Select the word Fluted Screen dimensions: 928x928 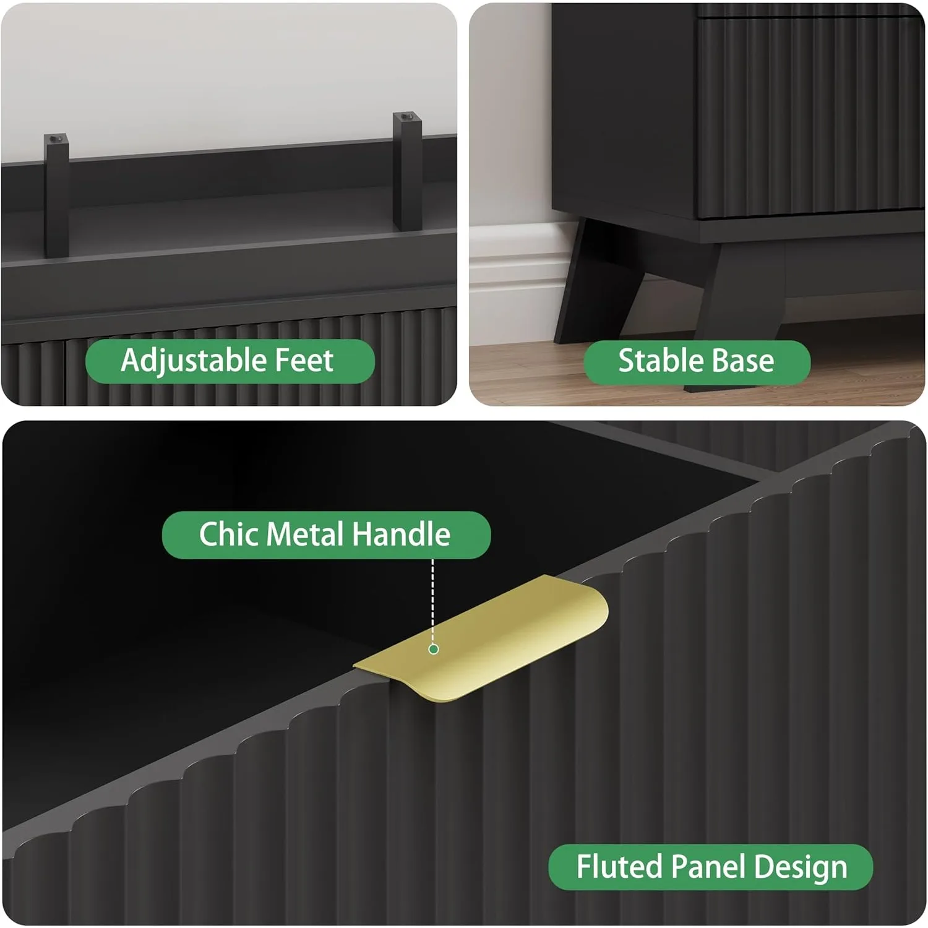click(619, 867)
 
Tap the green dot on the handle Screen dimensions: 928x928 click(434, 649)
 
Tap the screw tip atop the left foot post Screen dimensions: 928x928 click(56, 137)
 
